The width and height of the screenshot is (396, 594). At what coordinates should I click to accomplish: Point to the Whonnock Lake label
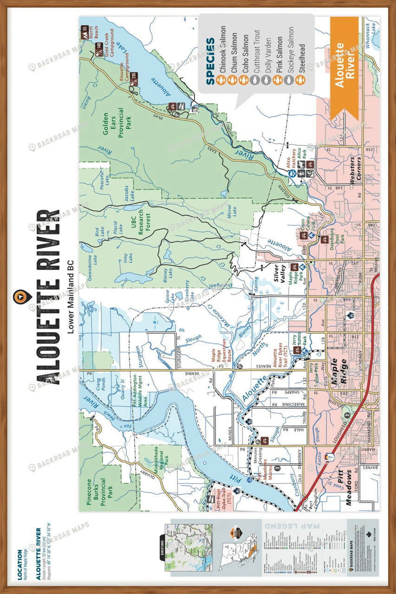click(369, 35)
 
